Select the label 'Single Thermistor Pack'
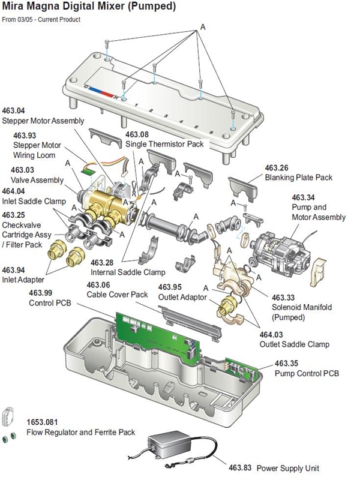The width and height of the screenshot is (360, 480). point(164,145)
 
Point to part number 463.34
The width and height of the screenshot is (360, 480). point(303,197)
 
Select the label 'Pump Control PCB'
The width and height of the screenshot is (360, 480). point(307,374)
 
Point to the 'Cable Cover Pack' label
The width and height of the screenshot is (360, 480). point(117,295)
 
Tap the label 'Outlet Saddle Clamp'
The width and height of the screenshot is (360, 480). point(294,344)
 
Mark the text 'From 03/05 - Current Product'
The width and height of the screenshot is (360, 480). point(41,20)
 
